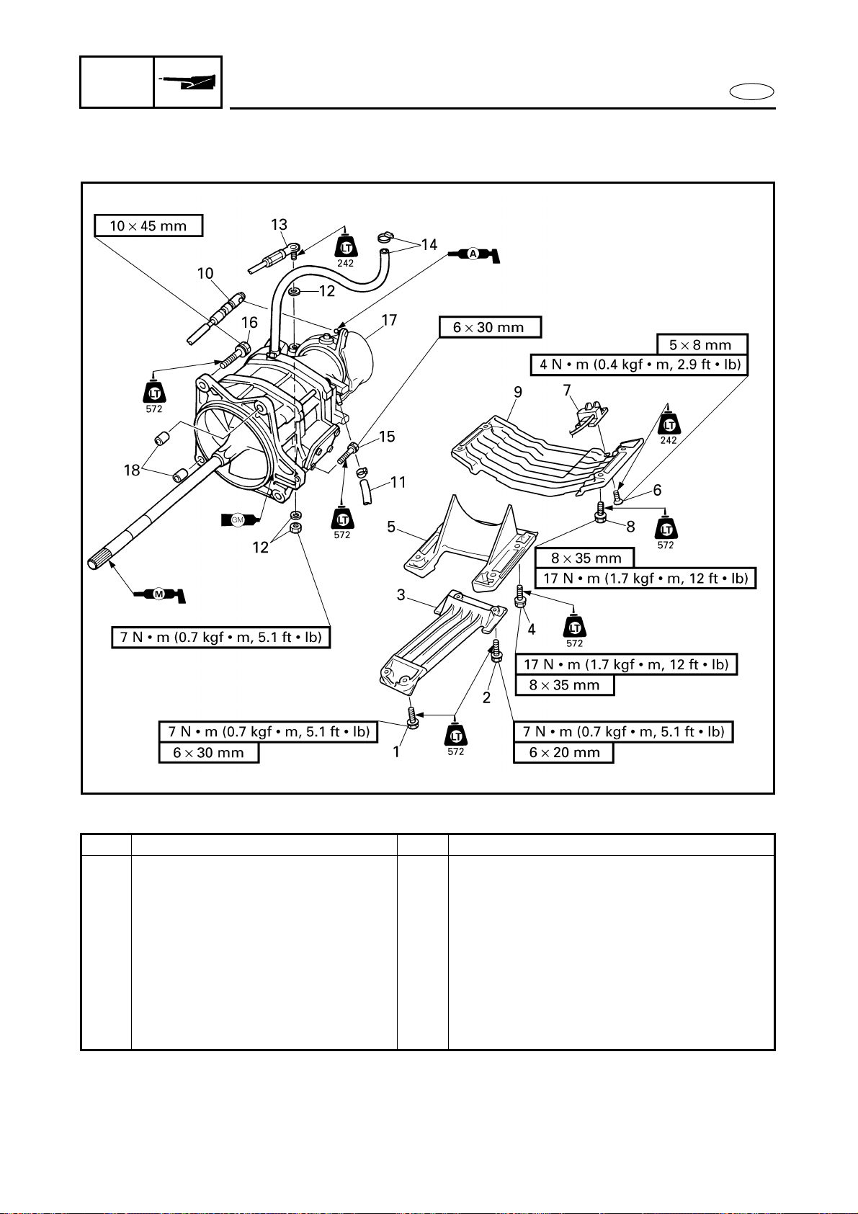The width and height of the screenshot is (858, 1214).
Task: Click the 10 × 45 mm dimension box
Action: click(x=148, y=226)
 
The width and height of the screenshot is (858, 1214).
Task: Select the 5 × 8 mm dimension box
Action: click(x=702, y=344)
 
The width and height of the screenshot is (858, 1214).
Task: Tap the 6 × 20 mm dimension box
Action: click(x=563, y=753)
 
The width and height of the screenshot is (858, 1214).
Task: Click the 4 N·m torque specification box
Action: click(x=640, y=365)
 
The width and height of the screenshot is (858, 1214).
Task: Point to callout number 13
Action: click(x=279, y=224)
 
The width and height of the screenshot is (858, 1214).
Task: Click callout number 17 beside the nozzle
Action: click(x=389, y=321)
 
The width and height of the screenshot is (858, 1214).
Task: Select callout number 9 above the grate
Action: click(x=518, y=392)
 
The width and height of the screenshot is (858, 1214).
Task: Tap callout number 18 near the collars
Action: click(x=132, y=470)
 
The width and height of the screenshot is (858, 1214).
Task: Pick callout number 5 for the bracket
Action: click(x=391, y=527)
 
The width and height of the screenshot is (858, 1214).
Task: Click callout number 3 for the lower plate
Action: click(x=401, y=595)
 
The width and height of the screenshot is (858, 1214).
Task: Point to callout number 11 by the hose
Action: click(x=398, y=482)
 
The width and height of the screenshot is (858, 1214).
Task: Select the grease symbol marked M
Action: click(x=160, y=594)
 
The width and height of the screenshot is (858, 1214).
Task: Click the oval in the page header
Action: click(x=751, y=92)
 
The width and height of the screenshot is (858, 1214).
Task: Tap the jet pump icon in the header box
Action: click(x=188, y=82)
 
